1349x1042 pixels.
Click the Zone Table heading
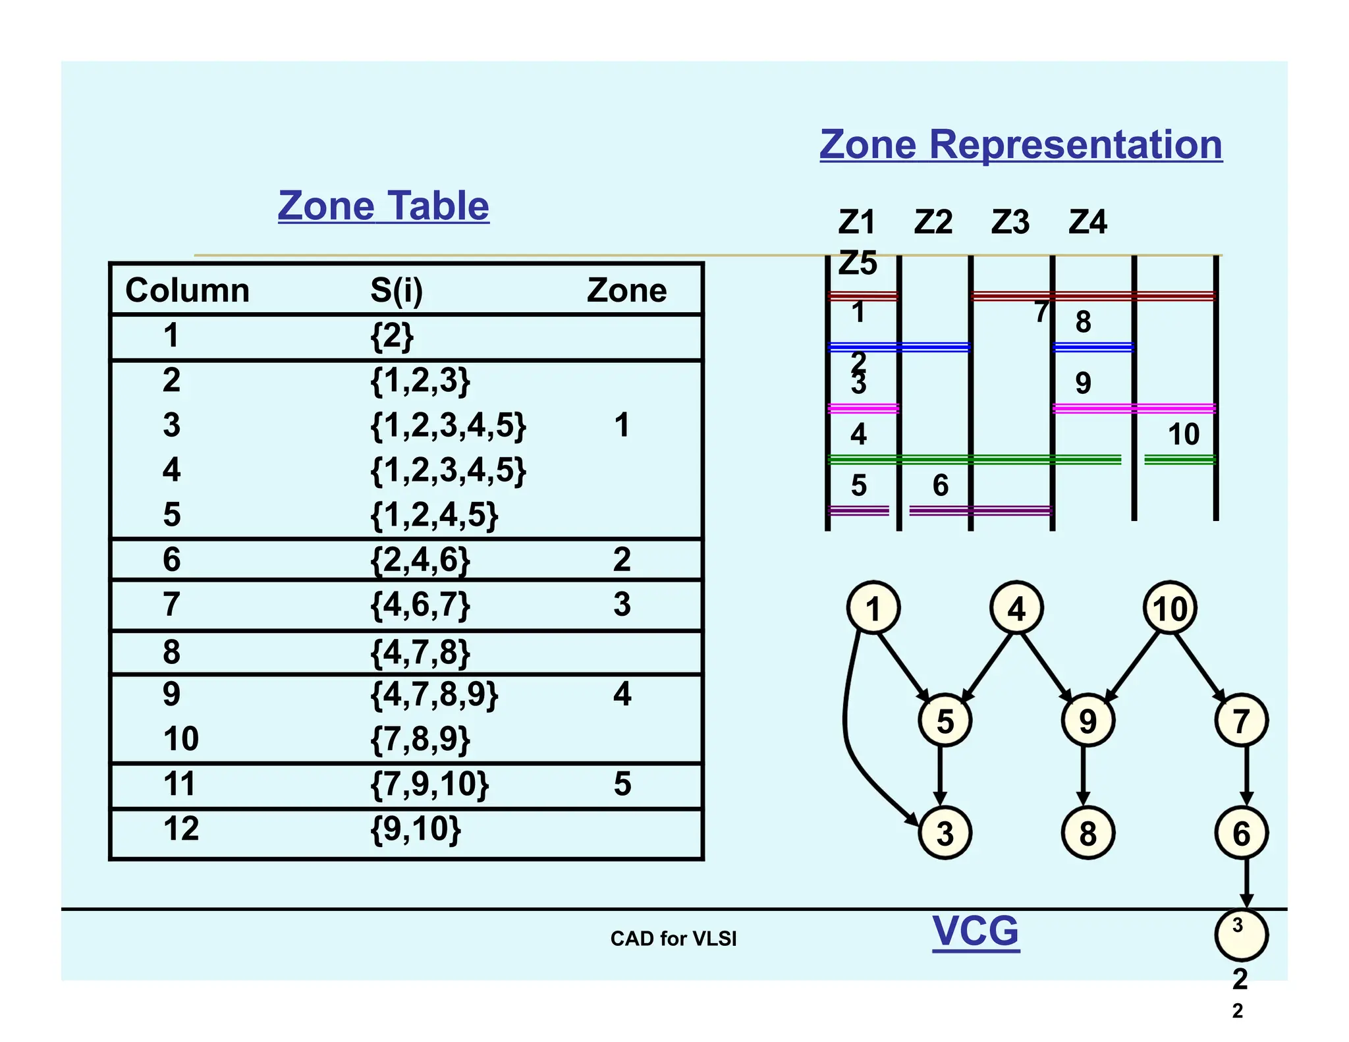click(x=383, y=206)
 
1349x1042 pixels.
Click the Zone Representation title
click(x=1020, y=145)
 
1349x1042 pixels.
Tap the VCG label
click(x=976, y=931)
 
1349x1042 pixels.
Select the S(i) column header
click(x=397, y=290)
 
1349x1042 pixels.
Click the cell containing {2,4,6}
click(x=420, y=560)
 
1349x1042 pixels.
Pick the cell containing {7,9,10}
click(x=429, y=784)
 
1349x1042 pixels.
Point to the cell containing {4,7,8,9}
click(x=434, y=694)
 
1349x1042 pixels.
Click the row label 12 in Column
click(x=181, y=829)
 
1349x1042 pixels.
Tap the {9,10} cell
click(x=416, y=829)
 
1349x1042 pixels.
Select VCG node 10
click(x=1170, y=608)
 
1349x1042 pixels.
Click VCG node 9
click(x=1088, y=721)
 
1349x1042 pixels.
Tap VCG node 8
click(x=1088, y=833)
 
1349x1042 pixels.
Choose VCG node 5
click(x=945, y=721)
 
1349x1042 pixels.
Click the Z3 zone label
click(x=1010, y=223)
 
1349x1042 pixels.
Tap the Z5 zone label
click(x=858, y=263)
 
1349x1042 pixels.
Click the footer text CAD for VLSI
click(x=673, y=939)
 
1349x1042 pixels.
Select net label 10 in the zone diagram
click(x=1183, y=435)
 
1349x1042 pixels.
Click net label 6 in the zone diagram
click(x=940, y=486)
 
